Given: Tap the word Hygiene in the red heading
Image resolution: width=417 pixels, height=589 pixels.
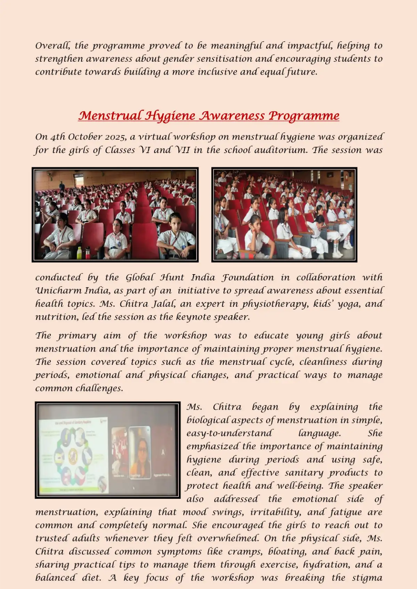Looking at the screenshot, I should [x=170, y=116].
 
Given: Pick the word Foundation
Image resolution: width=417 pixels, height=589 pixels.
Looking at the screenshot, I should [x=248, y=278].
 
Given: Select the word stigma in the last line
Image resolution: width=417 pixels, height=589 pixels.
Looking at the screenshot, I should [x=367, y=578].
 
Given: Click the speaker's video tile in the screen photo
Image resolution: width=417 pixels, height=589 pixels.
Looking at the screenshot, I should [x=140, y=453].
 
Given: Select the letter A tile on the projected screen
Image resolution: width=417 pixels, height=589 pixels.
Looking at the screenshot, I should [x=163, y=453].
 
